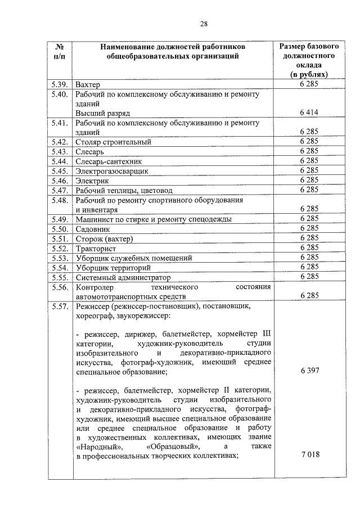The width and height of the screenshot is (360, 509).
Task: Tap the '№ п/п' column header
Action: coord(59,51)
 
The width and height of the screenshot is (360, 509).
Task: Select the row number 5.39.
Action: coord(59,85)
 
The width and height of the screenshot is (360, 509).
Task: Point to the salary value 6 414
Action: coord(309,113)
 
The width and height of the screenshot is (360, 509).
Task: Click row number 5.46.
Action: coord(59,181)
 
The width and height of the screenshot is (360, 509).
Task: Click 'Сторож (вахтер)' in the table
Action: coord(104,238)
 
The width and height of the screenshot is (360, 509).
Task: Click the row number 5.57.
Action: coord(59,307)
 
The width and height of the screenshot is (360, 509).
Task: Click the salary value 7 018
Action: coord(309,456)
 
